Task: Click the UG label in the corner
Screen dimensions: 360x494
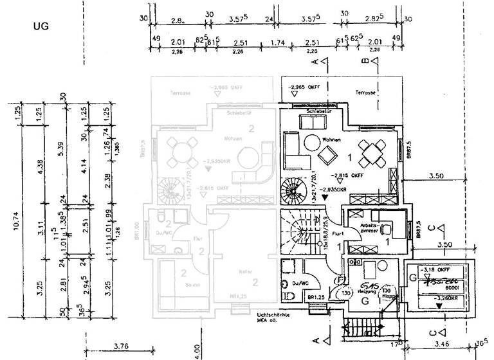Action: [41, 27]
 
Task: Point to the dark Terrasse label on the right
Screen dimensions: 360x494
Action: [365, 93]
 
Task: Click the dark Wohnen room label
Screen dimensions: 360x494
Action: [332, 139]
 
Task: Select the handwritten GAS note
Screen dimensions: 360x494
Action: [369, 285]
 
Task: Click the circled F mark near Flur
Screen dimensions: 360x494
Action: [340, 280]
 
